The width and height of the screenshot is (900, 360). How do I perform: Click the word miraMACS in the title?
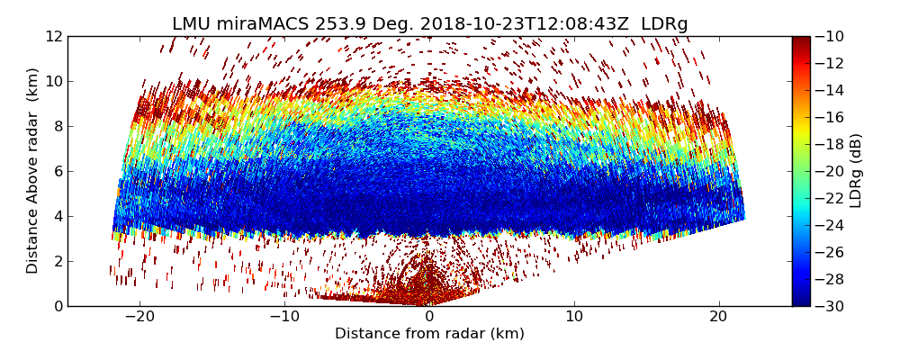coord(269,23)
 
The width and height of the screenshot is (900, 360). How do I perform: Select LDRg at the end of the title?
coord(664,23)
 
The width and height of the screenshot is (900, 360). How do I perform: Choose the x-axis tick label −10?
coord(284,317)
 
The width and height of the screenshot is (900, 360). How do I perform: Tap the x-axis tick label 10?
coord(574,317)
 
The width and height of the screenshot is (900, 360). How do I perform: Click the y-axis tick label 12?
coord(54,36)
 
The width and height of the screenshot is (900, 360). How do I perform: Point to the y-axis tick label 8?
coord(58,126)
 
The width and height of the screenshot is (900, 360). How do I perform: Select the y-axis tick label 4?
coord(58,216)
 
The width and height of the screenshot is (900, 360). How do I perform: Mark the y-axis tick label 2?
coord(58,261)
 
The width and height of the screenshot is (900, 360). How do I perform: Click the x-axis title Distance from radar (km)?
coord(429,334)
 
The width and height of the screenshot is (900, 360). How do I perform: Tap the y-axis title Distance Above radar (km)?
coord(33,171)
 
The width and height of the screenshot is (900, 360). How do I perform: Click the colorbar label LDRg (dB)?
coord(856,171)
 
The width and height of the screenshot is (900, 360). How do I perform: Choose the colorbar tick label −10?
coord(831,36)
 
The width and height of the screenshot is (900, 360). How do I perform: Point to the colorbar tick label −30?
coord(831,306)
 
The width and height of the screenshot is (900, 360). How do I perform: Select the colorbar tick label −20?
coord(831,171)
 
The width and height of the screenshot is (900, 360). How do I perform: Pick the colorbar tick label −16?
coord(831,117)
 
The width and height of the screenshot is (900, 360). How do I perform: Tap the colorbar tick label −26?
coord(831,252)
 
